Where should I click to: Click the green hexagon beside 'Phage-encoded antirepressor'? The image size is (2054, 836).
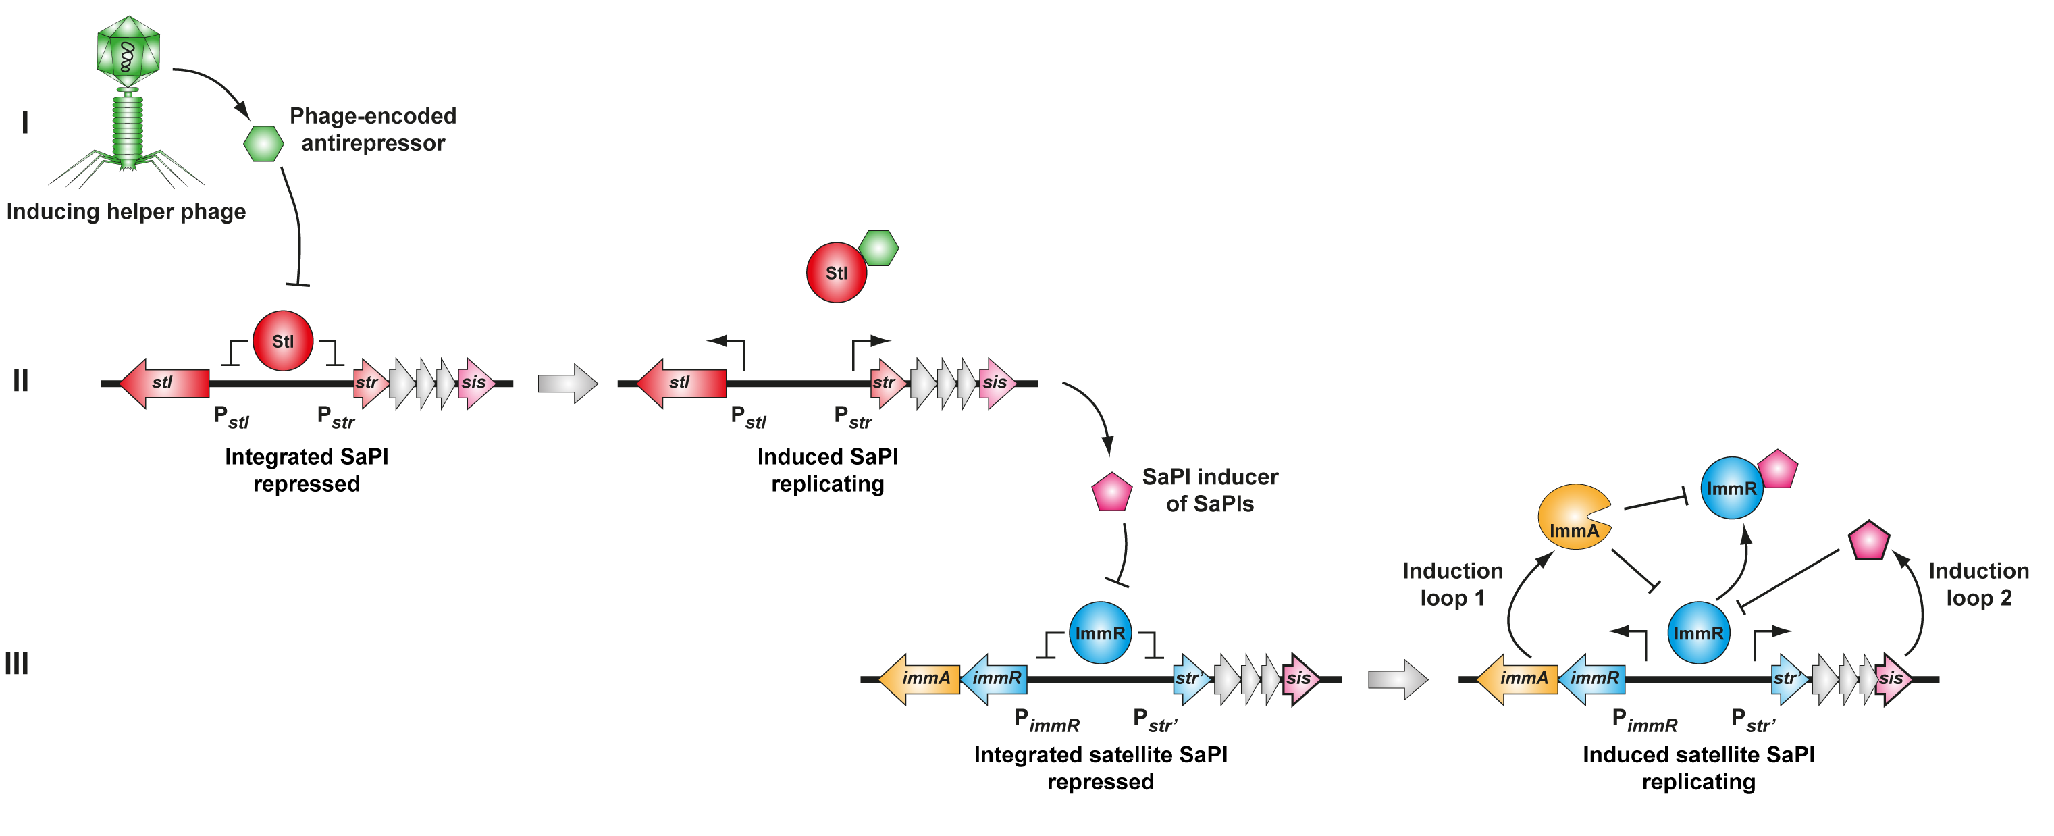(x=263, y=144)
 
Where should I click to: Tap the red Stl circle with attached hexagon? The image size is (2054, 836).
(x=836, y=273)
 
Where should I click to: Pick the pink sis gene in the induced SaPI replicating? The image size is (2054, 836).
(x=997, y=383)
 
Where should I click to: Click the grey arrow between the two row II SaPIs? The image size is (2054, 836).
(x=567, y=384)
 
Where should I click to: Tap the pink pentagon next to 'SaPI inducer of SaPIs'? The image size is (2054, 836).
(x=1111, y=493)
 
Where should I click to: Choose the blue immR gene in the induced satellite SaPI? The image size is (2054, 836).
(x=1592, y=679)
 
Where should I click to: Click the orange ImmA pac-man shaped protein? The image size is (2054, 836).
(x=1571, y=517)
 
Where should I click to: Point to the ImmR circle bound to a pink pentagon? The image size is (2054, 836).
(x=1731, y=488)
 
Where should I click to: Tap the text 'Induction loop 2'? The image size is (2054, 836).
(x=1978, y=584)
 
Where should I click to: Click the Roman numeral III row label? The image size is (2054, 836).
(x=17, y=664)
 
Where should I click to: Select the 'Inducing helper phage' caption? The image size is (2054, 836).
(x=126, y=211)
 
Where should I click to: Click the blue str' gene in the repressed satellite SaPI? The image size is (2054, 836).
(x=1190, y=679)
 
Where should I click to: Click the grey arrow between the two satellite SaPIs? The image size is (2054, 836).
(x=1397, y=679)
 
